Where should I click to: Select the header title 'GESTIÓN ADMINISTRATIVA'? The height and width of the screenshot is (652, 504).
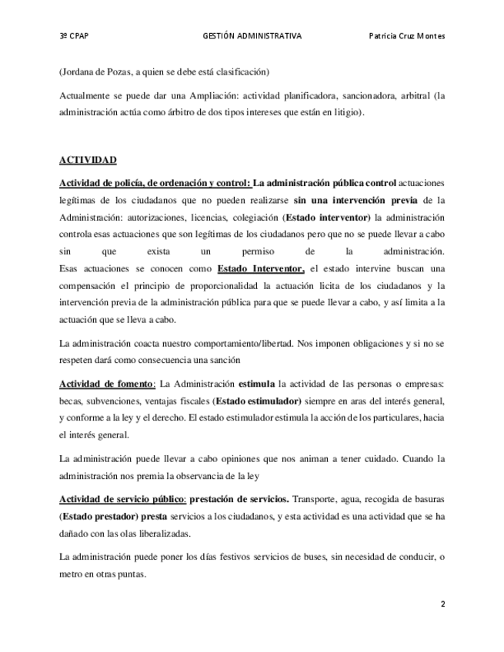tap(252, 36)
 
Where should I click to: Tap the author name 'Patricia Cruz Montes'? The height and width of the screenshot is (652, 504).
tap(407, 36)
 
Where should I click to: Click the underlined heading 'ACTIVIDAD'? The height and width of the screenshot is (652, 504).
tap(88, 160)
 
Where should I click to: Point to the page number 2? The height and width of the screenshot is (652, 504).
tap(442, 604)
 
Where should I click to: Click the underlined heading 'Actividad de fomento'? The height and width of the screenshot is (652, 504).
tap(107, 384)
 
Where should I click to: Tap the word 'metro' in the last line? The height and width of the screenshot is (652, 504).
tap(71, 573)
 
